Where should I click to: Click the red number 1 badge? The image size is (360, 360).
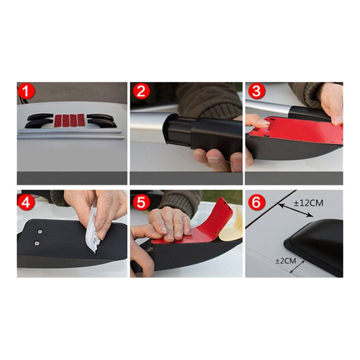click(x=26, y=91)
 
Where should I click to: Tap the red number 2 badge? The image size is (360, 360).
click(x=141, y=91)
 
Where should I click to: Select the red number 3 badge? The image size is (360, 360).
click(x=256, y=91)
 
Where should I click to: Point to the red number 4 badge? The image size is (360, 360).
click(x=26, y=202)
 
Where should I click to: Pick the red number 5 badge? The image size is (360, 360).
click(x=141, y=202)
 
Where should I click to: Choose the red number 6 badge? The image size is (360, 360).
click(x=256, y=202)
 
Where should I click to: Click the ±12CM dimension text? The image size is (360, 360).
click(x=308, y=203)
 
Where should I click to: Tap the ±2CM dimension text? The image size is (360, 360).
click(x=286, y=261)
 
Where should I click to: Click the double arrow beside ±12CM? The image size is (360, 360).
click(x=296, y=210)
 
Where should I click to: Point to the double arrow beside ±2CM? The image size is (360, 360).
click(x=297, y=266)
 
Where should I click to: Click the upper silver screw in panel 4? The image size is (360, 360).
click(x=40, y=231)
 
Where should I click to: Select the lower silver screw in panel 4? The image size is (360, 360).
click(x=37, y=243)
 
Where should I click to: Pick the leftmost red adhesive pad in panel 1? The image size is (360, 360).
click(x=58, y=121)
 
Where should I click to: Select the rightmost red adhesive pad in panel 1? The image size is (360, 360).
click(x=81, y=120)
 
